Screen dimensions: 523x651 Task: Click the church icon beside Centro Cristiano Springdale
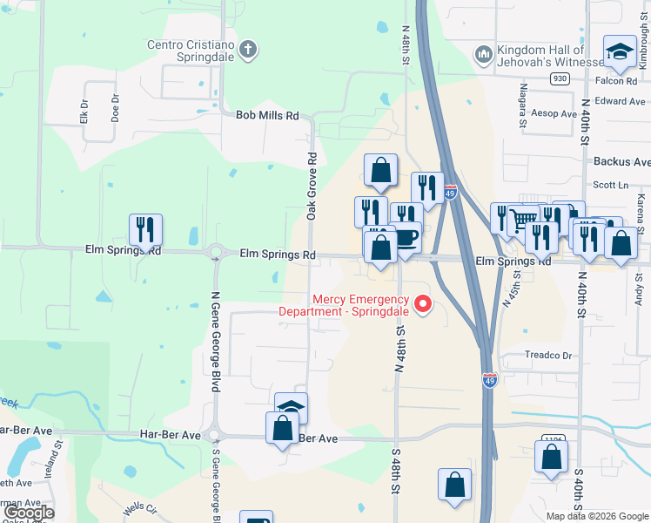tap(248, 49)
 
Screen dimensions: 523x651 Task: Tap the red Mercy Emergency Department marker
tap(424, 304)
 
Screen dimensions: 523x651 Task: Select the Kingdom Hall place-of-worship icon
tap(483, 55)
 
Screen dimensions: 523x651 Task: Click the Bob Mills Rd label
tap(267, 115)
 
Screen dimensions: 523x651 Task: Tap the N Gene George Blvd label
tap(215, 335)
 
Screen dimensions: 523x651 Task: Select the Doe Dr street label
tap(115, 108)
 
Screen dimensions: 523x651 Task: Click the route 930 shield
tap(560, 79)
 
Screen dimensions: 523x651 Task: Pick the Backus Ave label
tap(621, 162)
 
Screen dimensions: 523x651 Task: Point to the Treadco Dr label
tap(548, 356)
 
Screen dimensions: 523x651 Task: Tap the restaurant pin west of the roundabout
tap(145, 230)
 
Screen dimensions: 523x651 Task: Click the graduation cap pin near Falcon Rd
tap(620, 54)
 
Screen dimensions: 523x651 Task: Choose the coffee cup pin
tap(406, 237)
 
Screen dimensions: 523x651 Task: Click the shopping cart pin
tap(523, 220)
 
